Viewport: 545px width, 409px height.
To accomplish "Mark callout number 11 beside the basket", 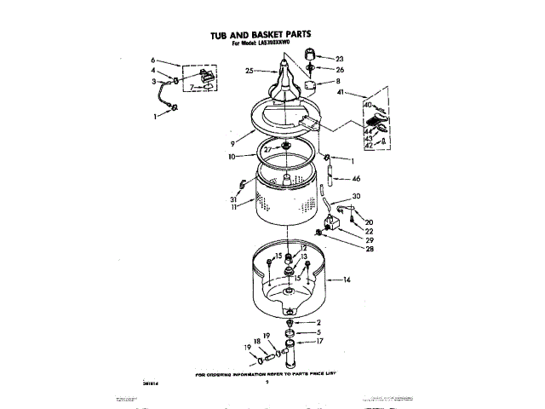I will coord(232,206).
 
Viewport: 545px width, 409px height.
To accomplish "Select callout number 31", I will coord(232,198).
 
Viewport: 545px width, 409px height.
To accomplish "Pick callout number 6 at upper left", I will coord(153,60).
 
